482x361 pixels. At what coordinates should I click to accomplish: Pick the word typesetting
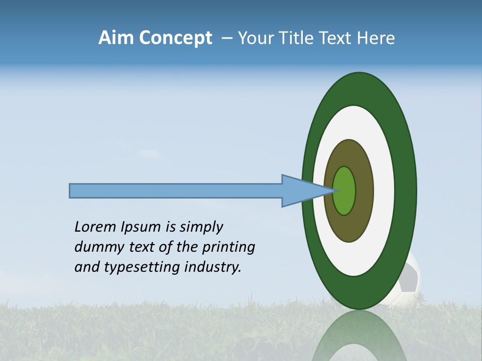141,268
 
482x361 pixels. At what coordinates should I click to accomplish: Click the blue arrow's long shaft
176,191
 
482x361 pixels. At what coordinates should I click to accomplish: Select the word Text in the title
337,38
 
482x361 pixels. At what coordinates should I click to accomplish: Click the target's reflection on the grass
359,336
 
